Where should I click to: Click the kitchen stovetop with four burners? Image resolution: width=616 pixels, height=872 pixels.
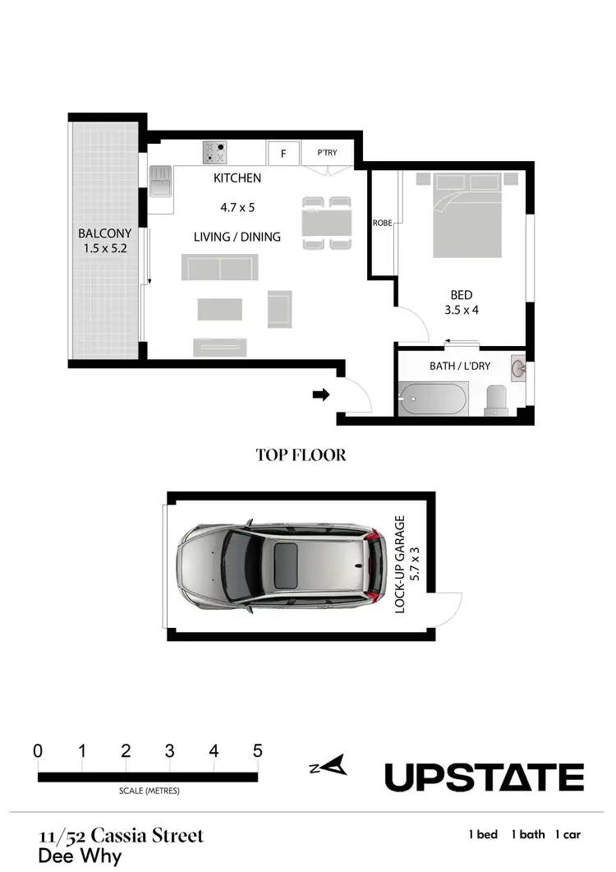coord(215,152)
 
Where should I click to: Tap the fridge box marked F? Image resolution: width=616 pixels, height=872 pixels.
coord(283,153)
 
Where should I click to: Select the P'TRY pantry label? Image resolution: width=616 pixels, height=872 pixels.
coord(327,153)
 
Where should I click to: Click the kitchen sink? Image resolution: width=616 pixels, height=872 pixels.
coord(160,181)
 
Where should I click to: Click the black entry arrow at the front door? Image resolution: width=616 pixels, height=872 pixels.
coord(322,395)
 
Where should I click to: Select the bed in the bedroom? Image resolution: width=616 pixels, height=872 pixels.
coord(467,215)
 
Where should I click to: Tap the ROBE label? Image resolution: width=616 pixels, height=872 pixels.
coord(382,223)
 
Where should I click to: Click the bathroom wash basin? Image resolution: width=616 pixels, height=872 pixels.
coord(518,367)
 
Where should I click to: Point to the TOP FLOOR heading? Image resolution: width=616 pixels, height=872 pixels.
coord(301,454)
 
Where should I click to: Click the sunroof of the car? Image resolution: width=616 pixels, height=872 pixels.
coord(286,565)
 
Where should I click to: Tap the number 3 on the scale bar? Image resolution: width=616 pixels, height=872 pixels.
coord(169,750)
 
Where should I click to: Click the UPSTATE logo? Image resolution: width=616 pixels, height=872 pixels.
coord(484,777)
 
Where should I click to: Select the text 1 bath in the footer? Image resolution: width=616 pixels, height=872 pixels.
coord(528,834)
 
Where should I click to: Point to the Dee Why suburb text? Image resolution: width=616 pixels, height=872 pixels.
coord(80,856)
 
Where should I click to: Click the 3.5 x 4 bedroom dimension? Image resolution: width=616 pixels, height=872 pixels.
coord(461,311)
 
